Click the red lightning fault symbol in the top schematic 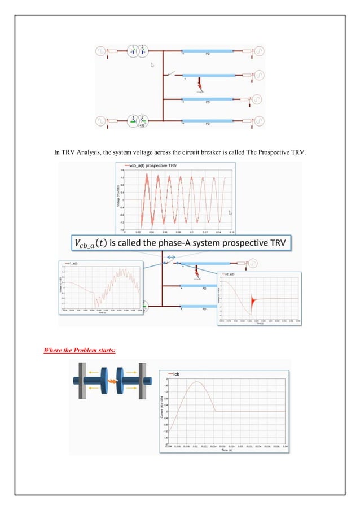click(x=198, y=84)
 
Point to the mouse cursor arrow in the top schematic click(x=151, y=65)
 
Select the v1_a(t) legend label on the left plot click(x=73, y=264)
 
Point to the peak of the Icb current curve click(x=196, y=382)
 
